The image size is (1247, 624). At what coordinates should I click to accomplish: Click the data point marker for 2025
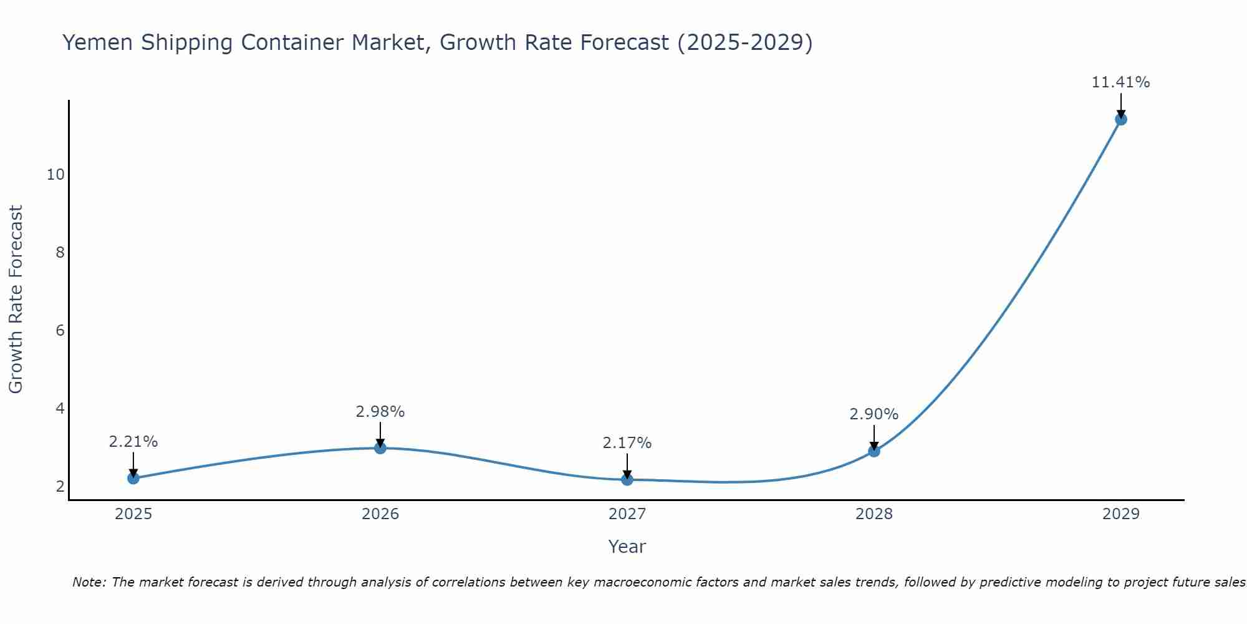(x=133, y=478)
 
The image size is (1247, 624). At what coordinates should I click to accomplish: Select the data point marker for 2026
(x=380, y=447)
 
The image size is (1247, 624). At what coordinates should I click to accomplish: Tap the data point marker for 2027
(x=627, y=479)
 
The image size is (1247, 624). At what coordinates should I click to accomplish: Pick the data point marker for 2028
(x=874, y=451)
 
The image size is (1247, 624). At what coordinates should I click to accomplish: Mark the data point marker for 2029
(x=1121, y=119)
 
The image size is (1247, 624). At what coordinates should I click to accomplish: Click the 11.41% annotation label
(x=1120, y=82)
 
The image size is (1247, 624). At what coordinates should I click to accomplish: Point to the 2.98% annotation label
(x=380, y=412)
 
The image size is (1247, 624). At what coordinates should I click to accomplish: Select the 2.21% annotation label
(x=133, y=442)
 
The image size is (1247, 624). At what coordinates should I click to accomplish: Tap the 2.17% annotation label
(x=627, y=443)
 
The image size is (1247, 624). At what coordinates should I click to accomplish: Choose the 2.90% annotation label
(x=874, y=414)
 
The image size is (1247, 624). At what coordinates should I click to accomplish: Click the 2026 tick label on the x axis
(x=380, y=514)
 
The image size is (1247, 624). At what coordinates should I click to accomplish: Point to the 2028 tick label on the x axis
(x=874, y=514)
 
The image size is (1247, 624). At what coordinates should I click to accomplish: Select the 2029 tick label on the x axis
(x=1121, y=514)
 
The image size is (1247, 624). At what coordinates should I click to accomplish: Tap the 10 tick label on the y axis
(x=55, y=175)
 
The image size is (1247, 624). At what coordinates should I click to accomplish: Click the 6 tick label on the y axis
(x=60, y=331)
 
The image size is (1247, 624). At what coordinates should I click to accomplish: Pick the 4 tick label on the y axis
(x=60, y=409)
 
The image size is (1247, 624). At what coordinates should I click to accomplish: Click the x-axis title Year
(x=627, y=547)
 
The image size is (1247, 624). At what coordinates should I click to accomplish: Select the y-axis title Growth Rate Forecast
(x=16, y=300)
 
